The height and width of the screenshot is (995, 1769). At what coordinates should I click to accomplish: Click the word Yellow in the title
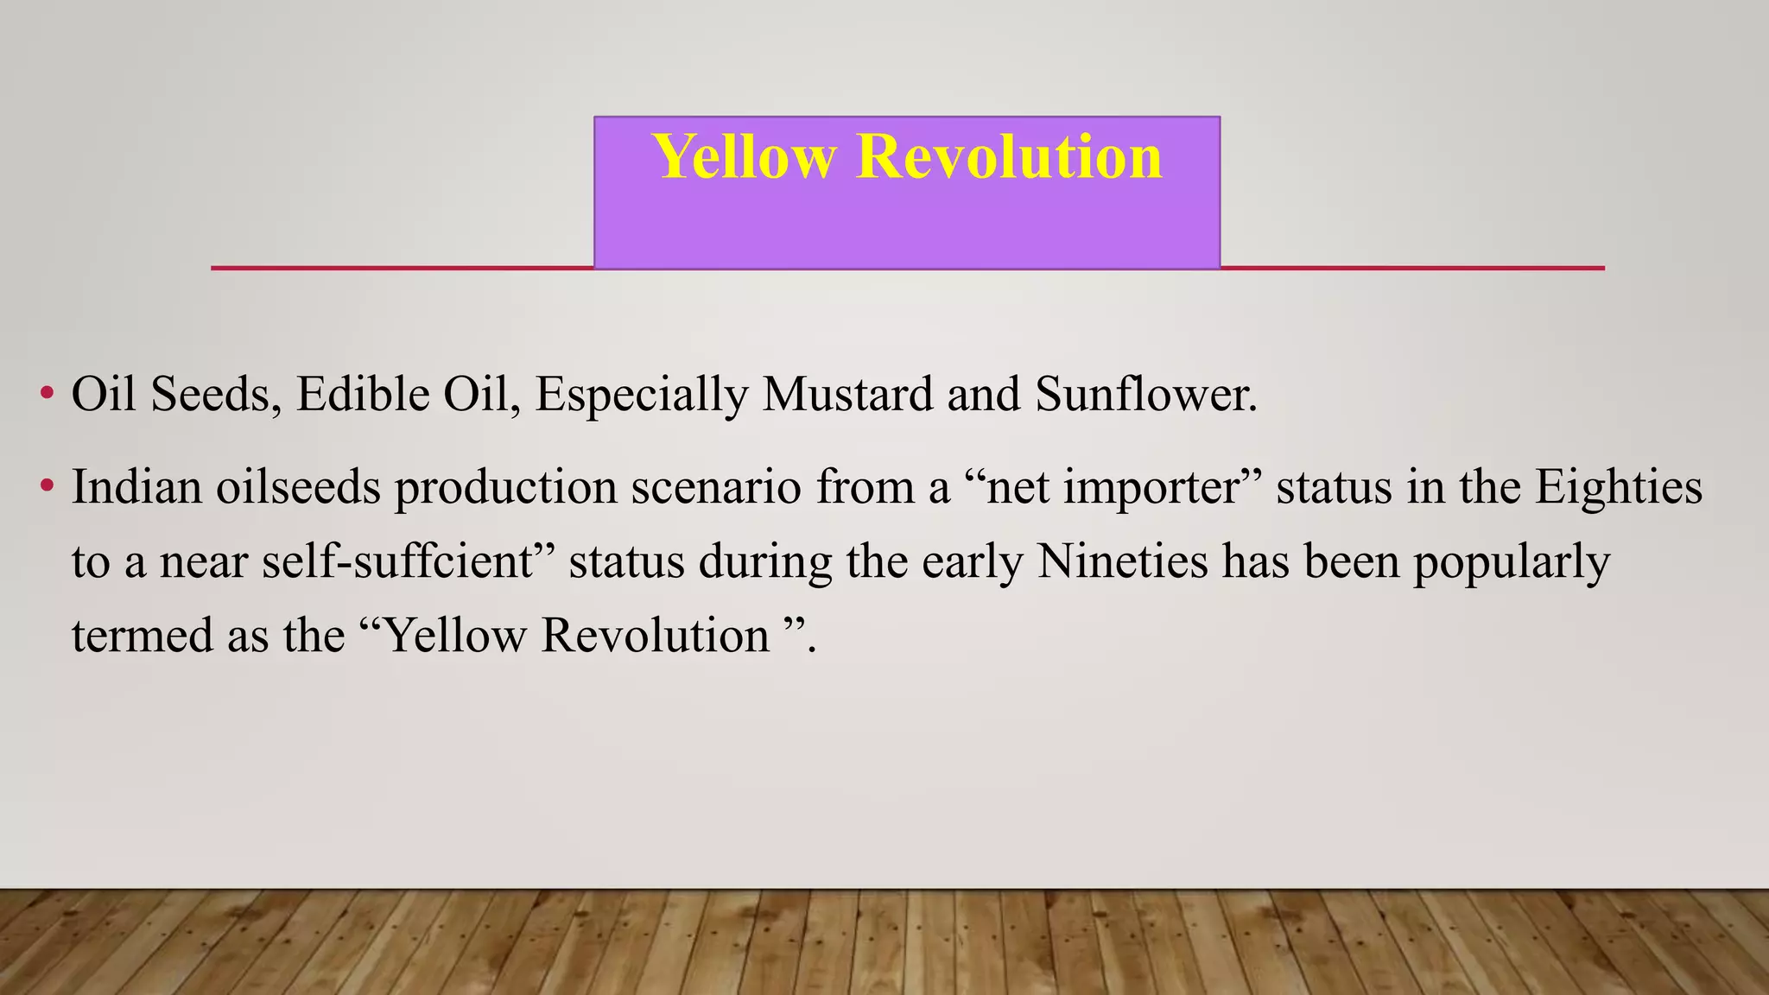coord(744,158)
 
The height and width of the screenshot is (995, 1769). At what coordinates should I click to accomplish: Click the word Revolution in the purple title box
coord(1009,157)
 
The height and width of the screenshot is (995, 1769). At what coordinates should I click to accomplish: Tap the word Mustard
coord(847,394)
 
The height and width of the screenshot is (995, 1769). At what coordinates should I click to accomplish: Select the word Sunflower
coord(1144,394)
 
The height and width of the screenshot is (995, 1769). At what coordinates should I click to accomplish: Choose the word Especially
coord(642,396)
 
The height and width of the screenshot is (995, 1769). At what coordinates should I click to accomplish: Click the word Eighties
coord(1618,486)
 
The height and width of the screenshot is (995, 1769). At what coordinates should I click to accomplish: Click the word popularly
coord(1512,563)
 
